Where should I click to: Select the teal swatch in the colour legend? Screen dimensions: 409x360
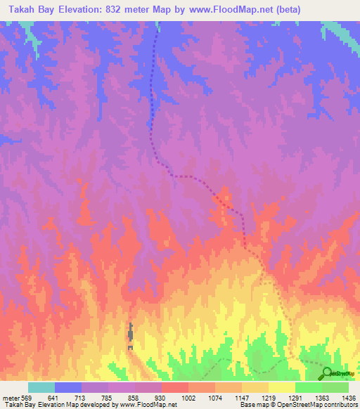[x=41, y=387]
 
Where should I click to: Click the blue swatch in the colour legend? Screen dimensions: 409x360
[x=68, y=387]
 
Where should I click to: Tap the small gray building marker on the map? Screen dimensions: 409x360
[x=130, y=337]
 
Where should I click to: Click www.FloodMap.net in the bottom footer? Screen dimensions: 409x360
[x=148, y=405]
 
